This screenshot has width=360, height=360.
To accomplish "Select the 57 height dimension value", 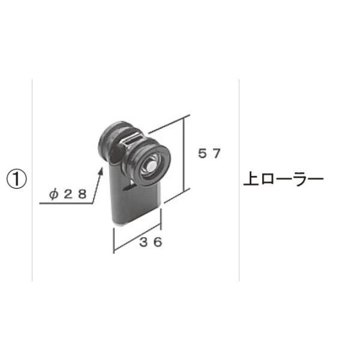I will coord(210,154).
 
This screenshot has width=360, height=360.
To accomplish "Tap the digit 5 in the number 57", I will coord(203,154).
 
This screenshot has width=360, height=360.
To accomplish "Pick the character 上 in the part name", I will coord(251,179).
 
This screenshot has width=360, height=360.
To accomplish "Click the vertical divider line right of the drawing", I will coord(239,180).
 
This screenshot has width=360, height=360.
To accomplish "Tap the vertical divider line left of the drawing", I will coord(31,180).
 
